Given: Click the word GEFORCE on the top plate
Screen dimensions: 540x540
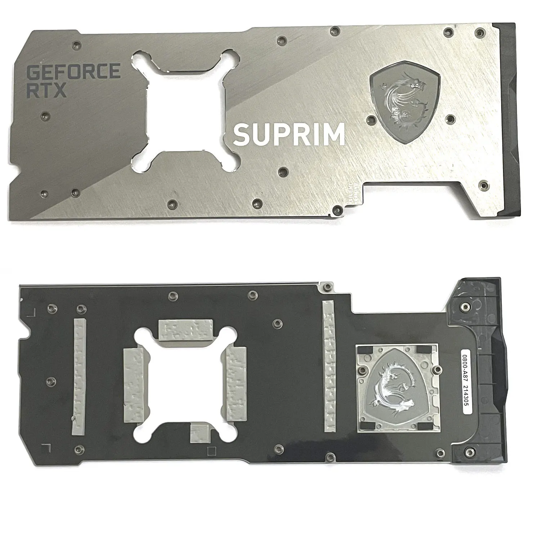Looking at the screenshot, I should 73,71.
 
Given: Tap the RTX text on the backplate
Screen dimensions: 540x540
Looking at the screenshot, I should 47,90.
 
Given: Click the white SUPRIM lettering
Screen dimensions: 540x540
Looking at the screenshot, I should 289,134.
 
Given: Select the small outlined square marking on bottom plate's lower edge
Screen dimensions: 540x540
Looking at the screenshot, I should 212,450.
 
